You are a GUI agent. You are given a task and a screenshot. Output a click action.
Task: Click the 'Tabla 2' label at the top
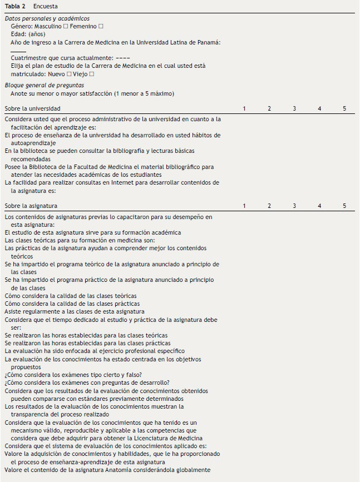[16, 7]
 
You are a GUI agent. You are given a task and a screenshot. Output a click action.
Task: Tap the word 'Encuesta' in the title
[46, 7]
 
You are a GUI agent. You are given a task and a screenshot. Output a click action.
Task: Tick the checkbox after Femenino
[101, 27]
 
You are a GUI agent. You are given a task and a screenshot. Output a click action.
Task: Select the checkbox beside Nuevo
[69, 74]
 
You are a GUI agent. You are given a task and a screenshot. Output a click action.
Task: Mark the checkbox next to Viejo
[92, 74]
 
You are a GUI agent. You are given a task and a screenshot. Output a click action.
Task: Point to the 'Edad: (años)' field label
[28, 34]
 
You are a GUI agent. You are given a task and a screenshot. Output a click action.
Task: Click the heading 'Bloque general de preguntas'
[45, 86]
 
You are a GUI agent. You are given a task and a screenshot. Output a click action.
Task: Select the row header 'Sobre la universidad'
[33, 108]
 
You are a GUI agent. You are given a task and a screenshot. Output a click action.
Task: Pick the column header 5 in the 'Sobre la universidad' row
[344, 108]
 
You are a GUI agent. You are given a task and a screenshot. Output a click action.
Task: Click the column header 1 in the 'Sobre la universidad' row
[244, 108]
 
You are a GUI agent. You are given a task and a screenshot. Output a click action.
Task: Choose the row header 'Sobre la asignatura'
[31, 206]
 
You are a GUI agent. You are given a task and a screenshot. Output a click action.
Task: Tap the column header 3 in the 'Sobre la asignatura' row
[294, 206]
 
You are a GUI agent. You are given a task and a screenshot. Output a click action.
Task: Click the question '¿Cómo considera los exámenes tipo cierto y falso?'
[73, 375]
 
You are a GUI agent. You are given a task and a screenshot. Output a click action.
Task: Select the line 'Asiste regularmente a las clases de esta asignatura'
[75, 312]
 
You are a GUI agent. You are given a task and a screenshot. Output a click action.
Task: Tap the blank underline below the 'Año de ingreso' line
[18, 51]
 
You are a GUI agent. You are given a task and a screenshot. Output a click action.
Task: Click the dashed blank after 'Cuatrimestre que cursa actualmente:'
[124, 58]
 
